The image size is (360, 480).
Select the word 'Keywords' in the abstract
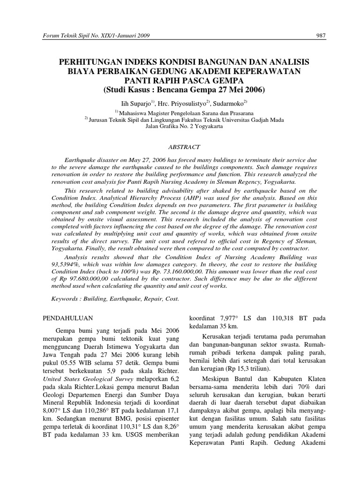click(x=65, y=298)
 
